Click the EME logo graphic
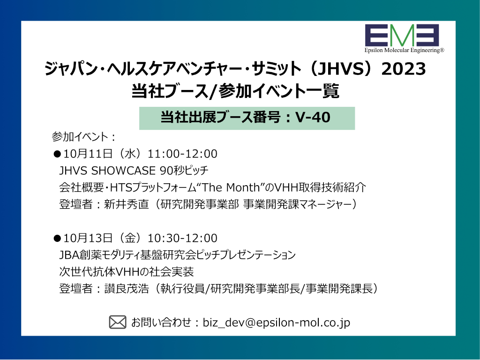tap(402, 35)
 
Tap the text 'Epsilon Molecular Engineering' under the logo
tap(404, 50)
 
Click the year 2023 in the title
tap(404, 68)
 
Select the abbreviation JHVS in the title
tap(341, 68)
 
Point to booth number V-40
tap(313, 117)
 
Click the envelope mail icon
tap(118, 322)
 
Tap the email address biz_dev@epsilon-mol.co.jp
tap(277, 322)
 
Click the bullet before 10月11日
tap(57, 154)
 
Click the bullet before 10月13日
tap(57, 238)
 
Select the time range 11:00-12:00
tap(182, 154)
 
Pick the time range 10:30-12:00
tap(182, 238)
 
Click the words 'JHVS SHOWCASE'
tap(107, 171)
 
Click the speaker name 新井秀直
tap(127, 204)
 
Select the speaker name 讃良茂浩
tap(127, 288)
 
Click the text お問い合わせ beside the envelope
tap(161, 322)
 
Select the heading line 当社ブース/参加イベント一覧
tap(235, 91)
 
